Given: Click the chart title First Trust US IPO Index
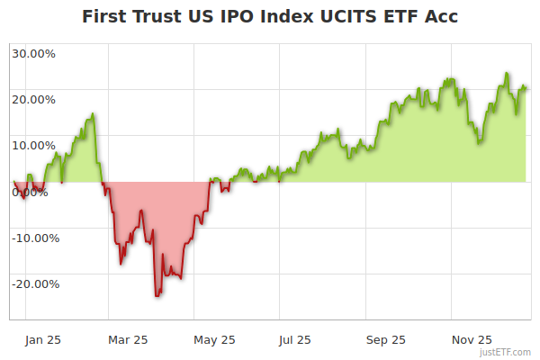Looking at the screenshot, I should (x=270, y=16).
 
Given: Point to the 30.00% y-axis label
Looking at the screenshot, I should (x=34, y=52).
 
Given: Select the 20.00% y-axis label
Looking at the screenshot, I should (x=34, y=98).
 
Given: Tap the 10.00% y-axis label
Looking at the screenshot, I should (x=34, y=144).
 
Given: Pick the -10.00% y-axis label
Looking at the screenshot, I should (x=34, y=238).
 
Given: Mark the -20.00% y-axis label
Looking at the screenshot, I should (x=34, y=283).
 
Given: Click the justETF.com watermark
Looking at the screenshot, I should (x=505, y=352).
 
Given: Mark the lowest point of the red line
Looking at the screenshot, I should (x=156, y=296).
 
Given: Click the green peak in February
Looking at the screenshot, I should (x=93, y=114).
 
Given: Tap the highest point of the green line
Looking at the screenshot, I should (x=507, y=73).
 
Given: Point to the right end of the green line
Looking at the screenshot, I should (x=526, y=88).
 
